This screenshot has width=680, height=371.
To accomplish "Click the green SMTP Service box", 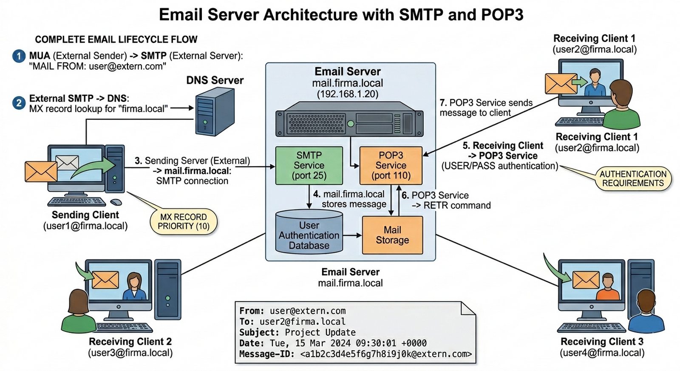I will coord(309,165).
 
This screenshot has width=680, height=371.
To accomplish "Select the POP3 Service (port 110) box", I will coord(391,165).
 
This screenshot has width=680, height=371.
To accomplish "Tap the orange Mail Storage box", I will coord(392,235).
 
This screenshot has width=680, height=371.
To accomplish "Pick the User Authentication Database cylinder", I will coord(309,233).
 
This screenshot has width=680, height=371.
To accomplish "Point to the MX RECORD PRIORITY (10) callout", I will coord(184,221).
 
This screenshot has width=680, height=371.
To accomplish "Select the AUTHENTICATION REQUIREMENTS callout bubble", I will coord(633,178).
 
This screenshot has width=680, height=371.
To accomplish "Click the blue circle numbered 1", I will coord(19,56).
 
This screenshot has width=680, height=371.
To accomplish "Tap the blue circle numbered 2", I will coord(19,103).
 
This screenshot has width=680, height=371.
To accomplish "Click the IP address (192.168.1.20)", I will coord(347,94).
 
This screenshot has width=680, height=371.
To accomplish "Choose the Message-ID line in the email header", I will coord(355,354).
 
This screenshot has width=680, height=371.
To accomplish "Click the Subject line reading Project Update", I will coord(297,332).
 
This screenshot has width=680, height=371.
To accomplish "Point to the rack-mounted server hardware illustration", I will coord(349,119).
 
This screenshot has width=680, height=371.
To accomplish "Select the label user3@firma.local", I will coord(130,353).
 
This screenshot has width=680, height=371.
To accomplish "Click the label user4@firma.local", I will coord(602,353).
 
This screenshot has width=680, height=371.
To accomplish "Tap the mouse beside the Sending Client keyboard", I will coord(116,202).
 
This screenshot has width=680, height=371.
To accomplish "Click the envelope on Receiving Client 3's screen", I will coord(586,280).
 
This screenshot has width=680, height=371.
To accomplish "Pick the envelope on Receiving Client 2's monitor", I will coord(105,279).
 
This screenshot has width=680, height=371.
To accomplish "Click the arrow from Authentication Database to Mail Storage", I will coord(352,235).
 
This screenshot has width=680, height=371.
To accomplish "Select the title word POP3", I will coord(502,15).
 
